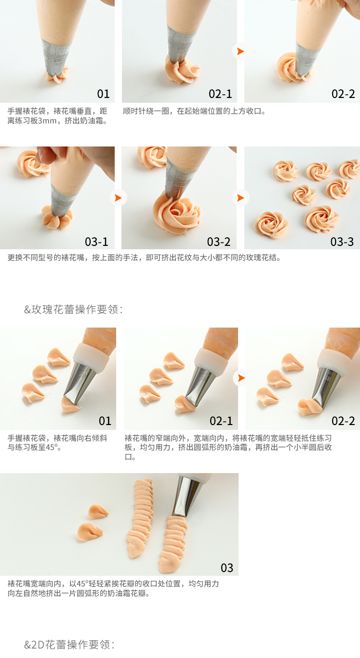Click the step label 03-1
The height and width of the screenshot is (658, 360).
coord(96,242)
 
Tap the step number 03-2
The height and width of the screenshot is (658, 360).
coord(219,242)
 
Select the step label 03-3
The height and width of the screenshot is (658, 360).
coord(342,242)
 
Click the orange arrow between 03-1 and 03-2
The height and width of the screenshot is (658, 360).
coord(119,198)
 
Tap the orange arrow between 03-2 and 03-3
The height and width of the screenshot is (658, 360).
coord(241,198)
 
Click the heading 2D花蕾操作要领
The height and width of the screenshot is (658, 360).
coord(72,645)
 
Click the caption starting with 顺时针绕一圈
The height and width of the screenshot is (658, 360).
coord(194,111)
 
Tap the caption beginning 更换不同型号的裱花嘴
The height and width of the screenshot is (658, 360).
coord(144,257)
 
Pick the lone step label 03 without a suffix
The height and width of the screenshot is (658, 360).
coord(227,568)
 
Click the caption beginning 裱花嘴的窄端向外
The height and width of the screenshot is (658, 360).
coord(228,447)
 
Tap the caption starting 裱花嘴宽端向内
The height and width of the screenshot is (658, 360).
coord(113,588)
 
